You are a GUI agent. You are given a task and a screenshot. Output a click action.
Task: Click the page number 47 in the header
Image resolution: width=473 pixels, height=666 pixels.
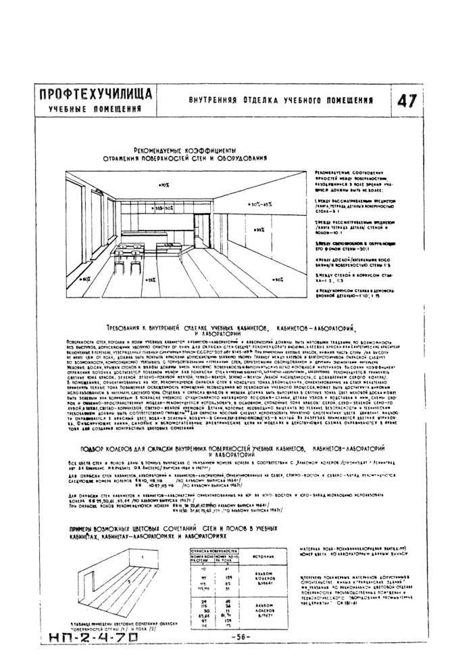[x=406, y=101]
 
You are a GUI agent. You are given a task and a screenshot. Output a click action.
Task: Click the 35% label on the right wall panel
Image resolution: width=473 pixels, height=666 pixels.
[x=259, y=230]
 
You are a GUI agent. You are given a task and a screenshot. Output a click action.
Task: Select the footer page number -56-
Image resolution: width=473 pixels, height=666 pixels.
[x=240, y=636]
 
